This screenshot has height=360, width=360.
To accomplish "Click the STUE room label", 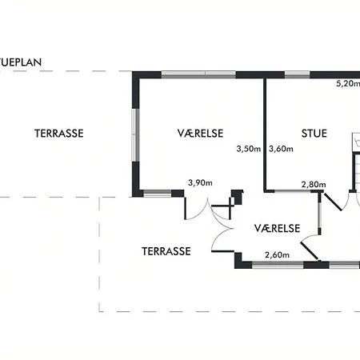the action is point(314,134).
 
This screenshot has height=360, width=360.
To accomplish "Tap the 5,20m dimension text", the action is point(348,84).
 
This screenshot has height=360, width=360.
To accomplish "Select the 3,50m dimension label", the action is point(249,149).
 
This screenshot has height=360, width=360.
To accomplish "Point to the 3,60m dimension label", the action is point(281,149).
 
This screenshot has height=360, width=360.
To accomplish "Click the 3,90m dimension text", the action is point(200,183).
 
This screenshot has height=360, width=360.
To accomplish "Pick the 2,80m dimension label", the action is point(314,184).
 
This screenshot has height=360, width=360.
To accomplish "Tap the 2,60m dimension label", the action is point(277,255).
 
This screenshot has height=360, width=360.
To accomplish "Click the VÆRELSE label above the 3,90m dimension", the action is point(200,134).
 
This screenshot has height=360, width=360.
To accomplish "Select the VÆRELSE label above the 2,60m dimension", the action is point(277,229).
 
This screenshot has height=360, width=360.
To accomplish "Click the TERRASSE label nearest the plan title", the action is point(59,134).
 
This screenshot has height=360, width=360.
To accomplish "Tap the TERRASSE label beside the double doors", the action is point(166,251).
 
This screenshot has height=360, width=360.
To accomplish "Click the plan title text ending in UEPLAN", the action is point(21,62).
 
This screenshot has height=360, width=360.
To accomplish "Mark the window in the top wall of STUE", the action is point(298,74).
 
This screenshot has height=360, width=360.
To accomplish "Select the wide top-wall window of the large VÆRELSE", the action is point(198,74).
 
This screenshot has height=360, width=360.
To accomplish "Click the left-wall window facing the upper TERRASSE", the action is point(136,134).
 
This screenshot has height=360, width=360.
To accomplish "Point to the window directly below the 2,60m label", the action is point(278,265).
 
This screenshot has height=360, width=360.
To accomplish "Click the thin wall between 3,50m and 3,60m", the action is point(265,134).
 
